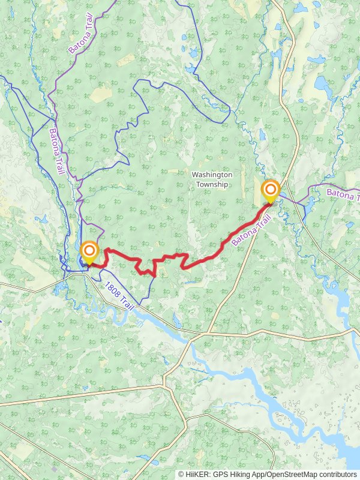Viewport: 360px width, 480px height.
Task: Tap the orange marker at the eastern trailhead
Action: click(x=271, y=191)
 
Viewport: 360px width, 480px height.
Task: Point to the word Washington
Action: click(x=212, y=175)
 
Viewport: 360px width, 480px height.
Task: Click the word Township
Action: click(x=212, y=184)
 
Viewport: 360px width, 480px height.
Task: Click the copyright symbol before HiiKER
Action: click(x=181, y=474)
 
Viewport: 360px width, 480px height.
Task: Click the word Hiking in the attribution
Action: click(x=239, y=474)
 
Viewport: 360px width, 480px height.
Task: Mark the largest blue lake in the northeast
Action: click(x=322, y=83)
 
